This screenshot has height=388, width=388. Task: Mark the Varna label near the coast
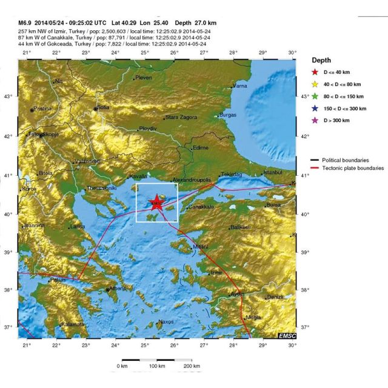(x=241, y=86)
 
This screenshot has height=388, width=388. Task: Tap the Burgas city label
(x=227, y=115)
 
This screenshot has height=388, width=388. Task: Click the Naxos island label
(x=166, y=321)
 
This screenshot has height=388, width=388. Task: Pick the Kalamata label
(x=72, y=324)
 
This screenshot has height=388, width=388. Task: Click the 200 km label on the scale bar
(x=192, y=367)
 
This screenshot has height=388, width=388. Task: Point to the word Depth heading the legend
(x=321, y=61)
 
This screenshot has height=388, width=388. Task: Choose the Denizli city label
(x=275, y=296)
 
